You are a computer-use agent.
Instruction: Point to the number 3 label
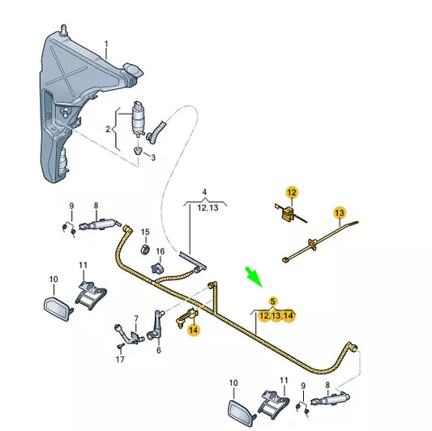(152, 157)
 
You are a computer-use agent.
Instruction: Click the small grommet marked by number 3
(138, 151)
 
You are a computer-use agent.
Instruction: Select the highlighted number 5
(273, 301)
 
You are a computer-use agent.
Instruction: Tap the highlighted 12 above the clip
(292, 192)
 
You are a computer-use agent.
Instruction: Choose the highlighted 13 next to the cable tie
(340, 213)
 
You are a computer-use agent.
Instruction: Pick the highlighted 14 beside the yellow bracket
(193, 330)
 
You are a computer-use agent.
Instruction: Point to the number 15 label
(145, 233)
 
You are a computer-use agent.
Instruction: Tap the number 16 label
(160, 251)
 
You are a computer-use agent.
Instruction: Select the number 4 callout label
(205, 192)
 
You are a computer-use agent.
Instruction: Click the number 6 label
(158, 350)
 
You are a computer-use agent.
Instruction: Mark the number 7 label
(136, 318)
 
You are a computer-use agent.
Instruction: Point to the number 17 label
(119, 358)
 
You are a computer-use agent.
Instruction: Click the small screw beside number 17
(119, 345)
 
